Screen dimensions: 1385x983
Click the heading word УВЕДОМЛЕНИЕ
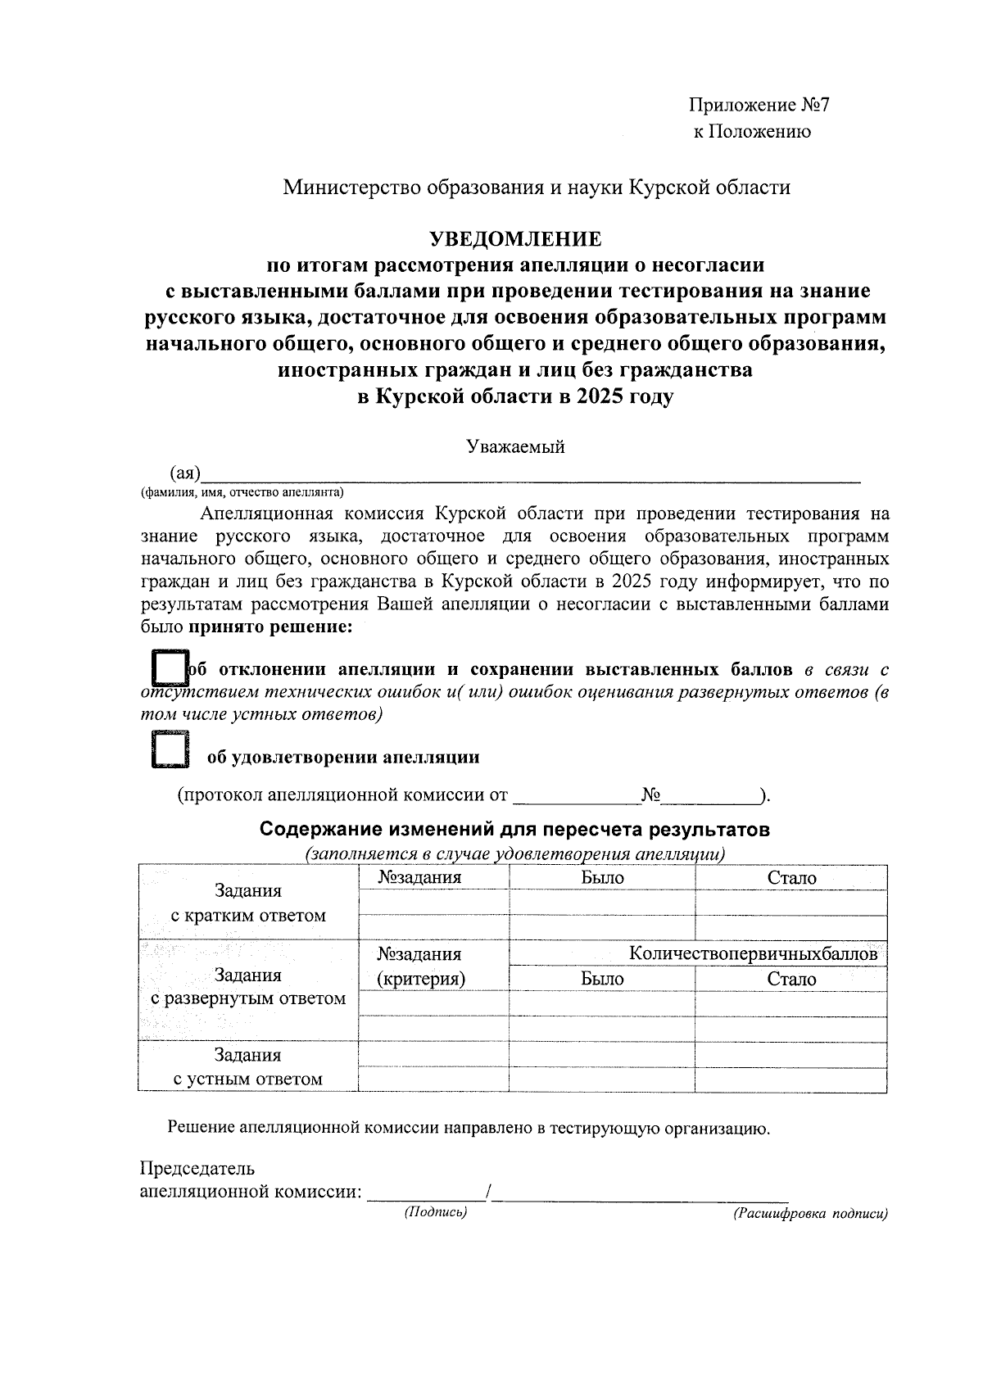tap(516, 239)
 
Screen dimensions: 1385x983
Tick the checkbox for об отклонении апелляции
tap(170, 669)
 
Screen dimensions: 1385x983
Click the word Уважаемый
tap(515, 447)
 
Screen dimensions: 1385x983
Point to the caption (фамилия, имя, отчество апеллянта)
tap(242, 492)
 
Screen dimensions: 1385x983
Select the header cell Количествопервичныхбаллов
tap(753, 953)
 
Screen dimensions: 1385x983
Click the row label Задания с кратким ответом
tap(247, 903)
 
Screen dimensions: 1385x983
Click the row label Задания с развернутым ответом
tap(247, 987)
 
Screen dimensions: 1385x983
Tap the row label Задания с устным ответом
tap(247, 1067)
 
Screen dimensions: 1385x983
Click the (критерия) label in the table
tap(420, 979)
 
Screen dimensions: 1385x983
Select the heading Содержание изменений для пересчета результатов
tap(514, 829)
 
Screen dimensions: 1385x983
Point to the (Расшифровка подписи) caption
tap(810, 1215)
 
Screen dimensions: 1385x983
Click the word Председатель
tap(197, 1168)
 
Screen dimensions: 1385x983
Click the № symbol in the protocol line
tap(651, 794)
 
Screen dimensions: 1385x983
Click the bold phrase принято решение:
tap(271, 628)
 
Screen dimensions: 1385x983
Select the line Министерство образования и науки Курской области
tap(537, 188)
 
